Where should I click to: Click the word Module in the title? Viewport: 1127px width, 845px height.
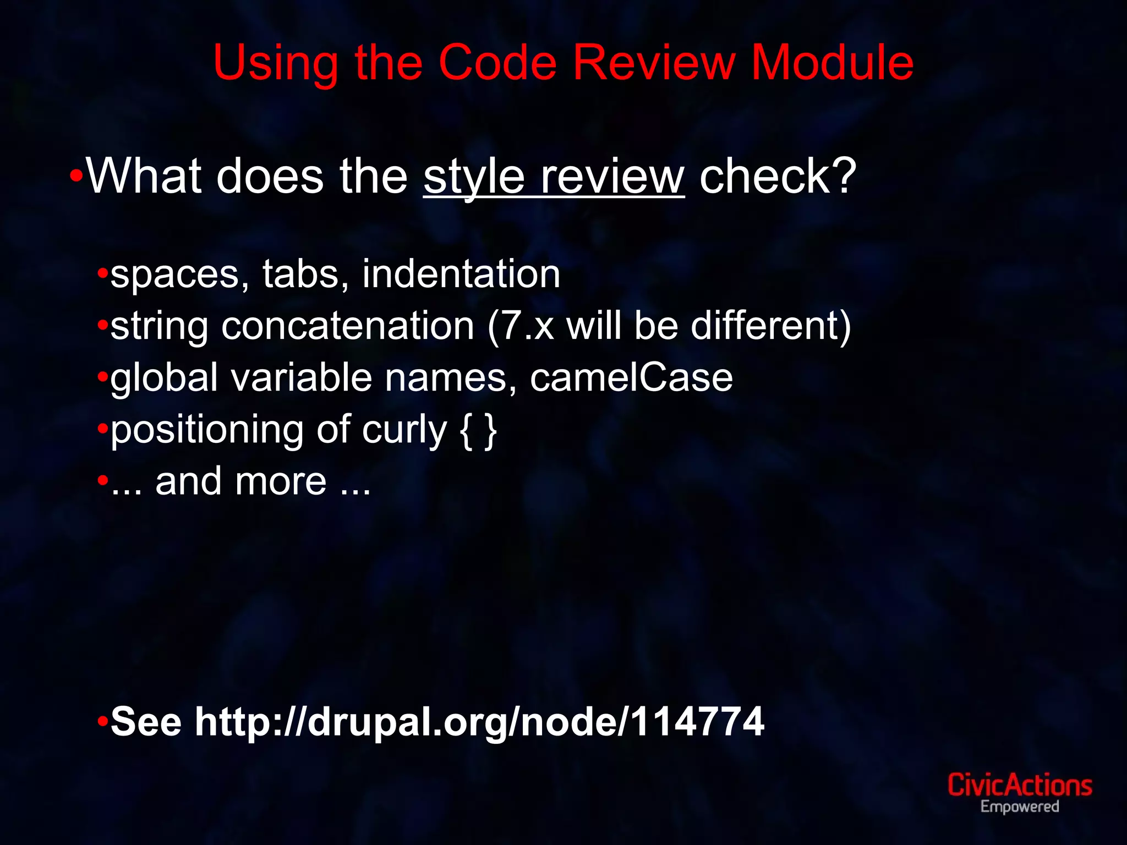pos(832,63)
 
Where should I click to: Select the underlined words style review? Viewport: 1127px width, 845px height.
pos(554,177)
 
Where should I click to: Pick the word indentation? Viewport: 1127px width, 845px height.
pos(461,274)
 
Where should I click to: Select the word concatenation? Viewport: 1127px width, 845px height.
pos(348,326)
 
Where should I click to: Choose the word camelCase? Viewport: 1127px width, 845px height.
pos(631,377)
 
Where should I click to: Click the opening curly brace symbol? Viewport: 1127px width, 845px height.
pos(466,430)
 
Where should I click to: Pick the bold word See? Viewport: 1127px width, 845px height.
pos(146,722)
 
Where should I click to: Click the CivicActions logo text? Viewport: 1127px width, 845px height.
pos(1019,786)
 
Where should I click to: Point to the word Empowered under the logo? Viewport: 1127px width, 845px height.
pos(1019,807)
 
